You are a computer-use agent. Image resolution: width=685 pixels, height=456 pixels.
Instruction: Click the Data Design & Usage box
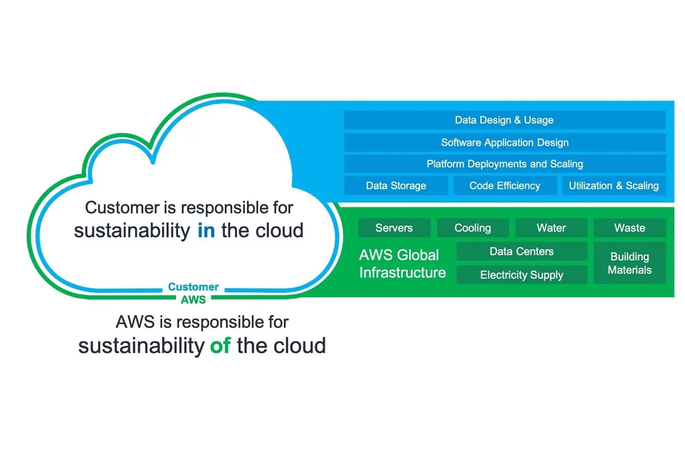click(x=504, y=120)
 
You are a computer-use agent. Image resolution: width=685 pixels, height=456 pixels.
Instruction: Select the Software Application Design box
click(x=504, y=142)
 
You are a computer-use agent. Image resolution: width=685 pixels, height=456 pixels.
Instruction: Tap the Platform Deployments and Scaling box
click(x=504, y=164)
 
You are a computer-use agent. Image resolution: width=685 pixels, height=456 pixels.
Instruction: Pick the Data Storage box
click(x=396, y=186)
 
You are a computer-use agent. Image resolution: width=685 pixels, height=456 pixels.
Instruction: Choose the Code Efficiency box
click(x=505, y=186)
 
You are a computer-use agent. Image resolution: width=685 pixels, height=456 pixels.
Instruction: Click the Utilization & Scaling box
click(x=614, y=186)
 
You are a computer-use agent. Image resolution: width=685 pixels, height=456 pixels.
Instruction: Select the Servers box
click(x=394, y=228)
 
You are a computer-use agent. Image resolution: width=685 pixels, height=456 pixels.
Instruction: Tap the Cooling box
click(x=472, y=228)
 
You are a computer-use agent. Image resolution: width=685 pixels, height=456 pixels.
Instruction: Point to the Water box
click(x=551, y=228)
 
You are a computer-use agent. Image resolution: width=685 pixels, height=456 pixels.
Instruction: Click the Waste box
click(x=629, y=228)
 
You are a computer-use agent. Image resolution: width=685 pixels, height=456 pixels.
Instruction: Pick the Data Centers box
click(x=521, y=251)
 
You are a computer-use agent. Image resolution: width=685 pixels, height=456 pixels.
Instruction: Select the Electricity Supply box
click(x=521, y=275)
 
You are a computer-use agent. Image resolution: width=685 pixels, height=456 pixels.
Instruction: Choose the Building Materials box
click(x=629, y=263)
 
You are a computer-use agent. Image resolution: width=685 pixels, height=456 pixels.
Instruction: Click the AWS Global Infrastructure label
click(x=402, y=264)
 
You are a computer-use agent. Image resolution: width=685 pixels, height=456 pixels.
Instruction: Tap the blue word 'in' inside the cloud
click(x=206, y=231)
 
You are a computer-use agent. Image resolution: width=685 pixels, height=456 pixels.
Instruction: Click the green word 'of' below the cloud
click(x=220, y=346)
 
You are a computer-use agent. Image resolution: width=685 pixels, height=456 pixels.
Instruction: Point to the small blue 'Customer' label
click(x=193, y=287)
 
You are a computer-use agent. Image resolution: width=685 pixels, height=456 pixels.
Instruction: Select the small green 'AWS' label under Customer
click(x=193, y=300)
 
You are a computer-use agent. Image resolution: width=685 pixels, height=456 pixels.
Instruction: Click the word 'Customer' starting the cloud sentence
click(x=122, y=208)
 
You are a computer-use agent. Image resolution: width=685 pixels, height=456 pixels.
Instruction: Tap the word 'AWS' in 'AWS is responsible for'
click(x=135, y=322)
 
